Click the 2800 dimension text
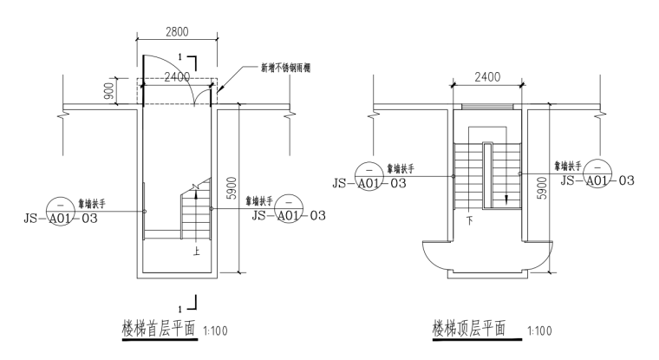[x=178, y=31]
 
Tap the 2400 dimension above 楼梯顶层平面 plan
[x=486, y=76]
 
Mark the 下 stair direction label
[x=469, y=221]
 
